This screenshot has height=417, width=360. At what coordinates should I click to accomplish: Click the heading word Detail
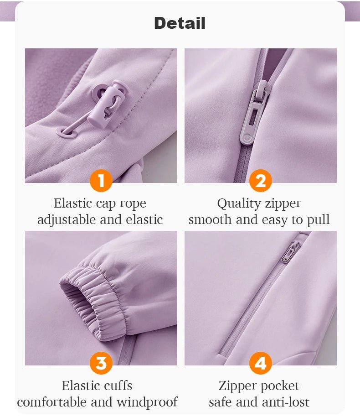point(180,23)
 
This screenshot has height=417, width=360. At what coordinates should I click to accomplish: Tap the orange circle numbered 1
point(101,181)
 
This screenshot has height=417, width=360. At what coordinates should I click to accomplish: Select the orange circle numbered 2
point(260,181)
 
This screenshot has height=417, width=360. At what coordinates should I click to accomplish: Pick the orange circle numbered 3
point(101,363)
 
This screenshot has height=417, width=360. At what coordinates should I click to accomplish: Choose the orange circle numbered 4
point(260,363)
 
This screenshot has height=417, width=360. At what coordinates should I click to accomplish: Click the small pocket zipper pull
point(290,251)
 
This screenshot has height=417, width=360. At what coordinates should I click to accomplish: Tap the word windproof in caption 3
point(148,402)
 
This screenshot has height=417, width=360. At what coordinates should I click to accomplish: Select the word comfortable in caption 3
point(52,402)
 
